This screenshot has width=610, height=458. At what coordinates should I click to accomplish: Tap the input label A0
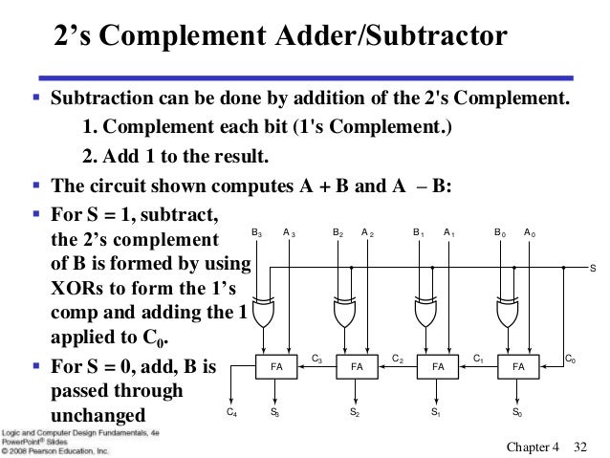point(530,232)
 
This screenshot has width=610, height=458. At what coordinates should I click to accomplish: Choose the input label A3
point(288,232)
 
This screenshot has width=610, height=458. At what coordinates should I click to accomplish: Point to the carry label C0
point(570,359)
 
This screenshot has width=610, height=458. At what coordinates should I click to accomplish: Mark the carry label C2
point(397,359)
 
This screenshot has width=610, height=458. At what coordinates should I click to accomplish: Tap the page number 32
point(579,447)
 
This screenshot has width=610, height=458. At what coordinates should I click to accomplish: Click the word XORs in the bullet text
point(76,288)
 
